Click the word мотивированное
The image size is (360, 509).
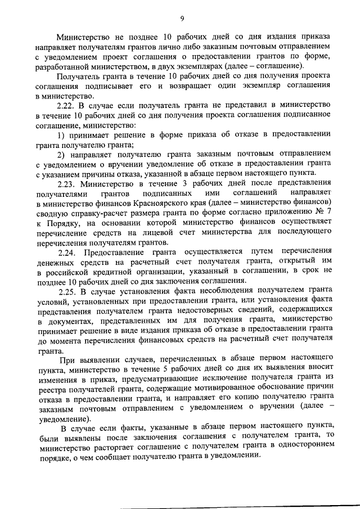tap(206, 387)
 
